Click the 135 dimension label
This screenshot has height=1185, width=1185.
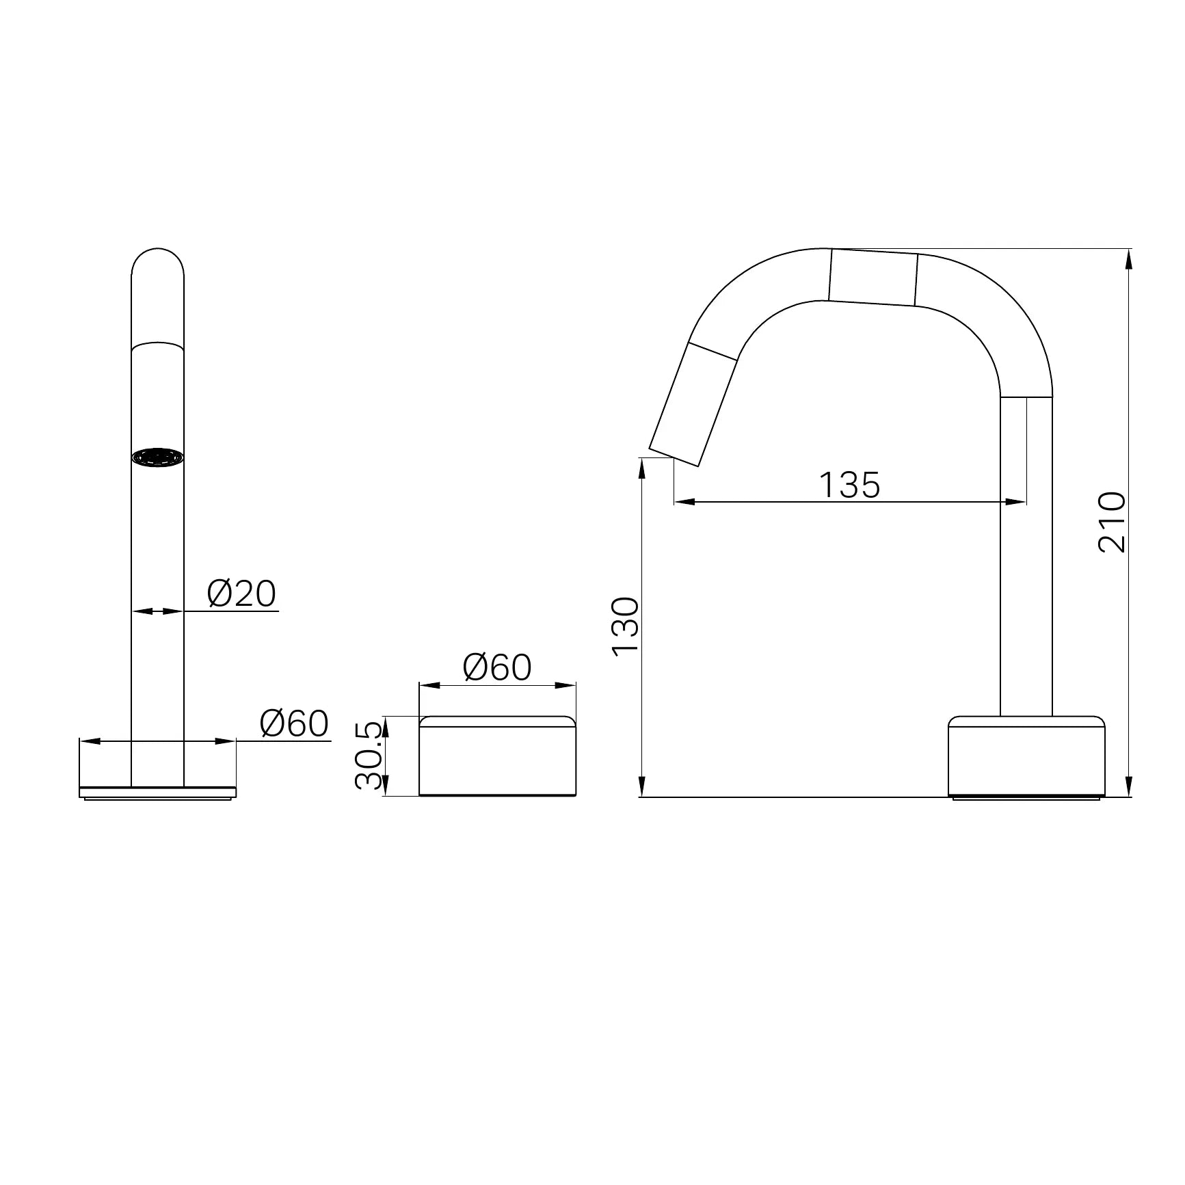[849, 485]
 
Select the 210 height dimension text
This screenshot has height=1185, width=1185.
[1111, 522]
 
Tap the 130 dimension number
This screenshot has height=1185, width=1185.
[625, 626]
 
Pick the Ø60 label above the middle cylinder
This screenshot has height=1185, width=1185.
[497, 667]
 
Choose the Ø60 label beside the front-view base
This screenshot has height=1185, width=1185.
[294, 723]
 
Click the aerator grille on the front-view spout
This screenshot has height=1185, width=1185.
[158, 457]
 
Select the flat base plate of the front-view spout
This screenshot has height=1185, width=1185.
[158, 793]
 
